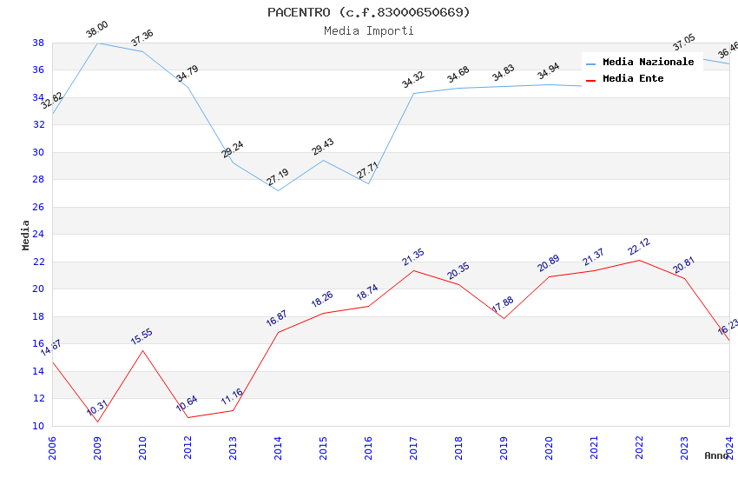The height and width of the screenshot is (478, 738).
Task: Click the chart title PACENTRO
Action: [x=369, y=12]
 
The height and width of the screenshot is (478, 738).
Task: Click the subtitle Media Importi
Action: [x=369, y=30]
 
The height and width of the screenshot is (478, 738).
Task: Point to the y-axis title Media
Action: [x=25, y=235]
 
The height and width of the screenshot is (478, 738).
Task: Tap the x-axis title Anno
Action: [x=716, y=455]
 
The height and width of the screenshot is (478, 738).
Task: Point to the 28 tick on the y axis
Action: [x=38, y=180]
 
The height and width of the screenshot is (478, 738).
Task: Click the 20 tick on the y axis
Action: [x=38, y=289]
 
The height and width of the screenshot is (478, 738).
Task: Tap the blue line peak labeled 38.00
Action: [x=97, y=43]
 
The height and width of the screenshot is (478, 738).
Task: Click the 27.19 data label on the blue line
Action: [x=278, y=177]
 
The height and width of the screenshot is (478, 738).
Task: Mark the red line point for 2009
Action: [x=97, y=422]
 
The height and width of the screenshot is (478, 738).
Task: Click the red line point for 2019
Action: [x=504, y=318]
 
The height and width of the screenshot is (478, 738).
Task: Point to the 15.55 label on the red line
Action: [x=142, y=337]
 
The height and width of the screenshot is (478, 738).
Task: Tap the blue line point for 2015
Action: [x=323, y=160]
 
